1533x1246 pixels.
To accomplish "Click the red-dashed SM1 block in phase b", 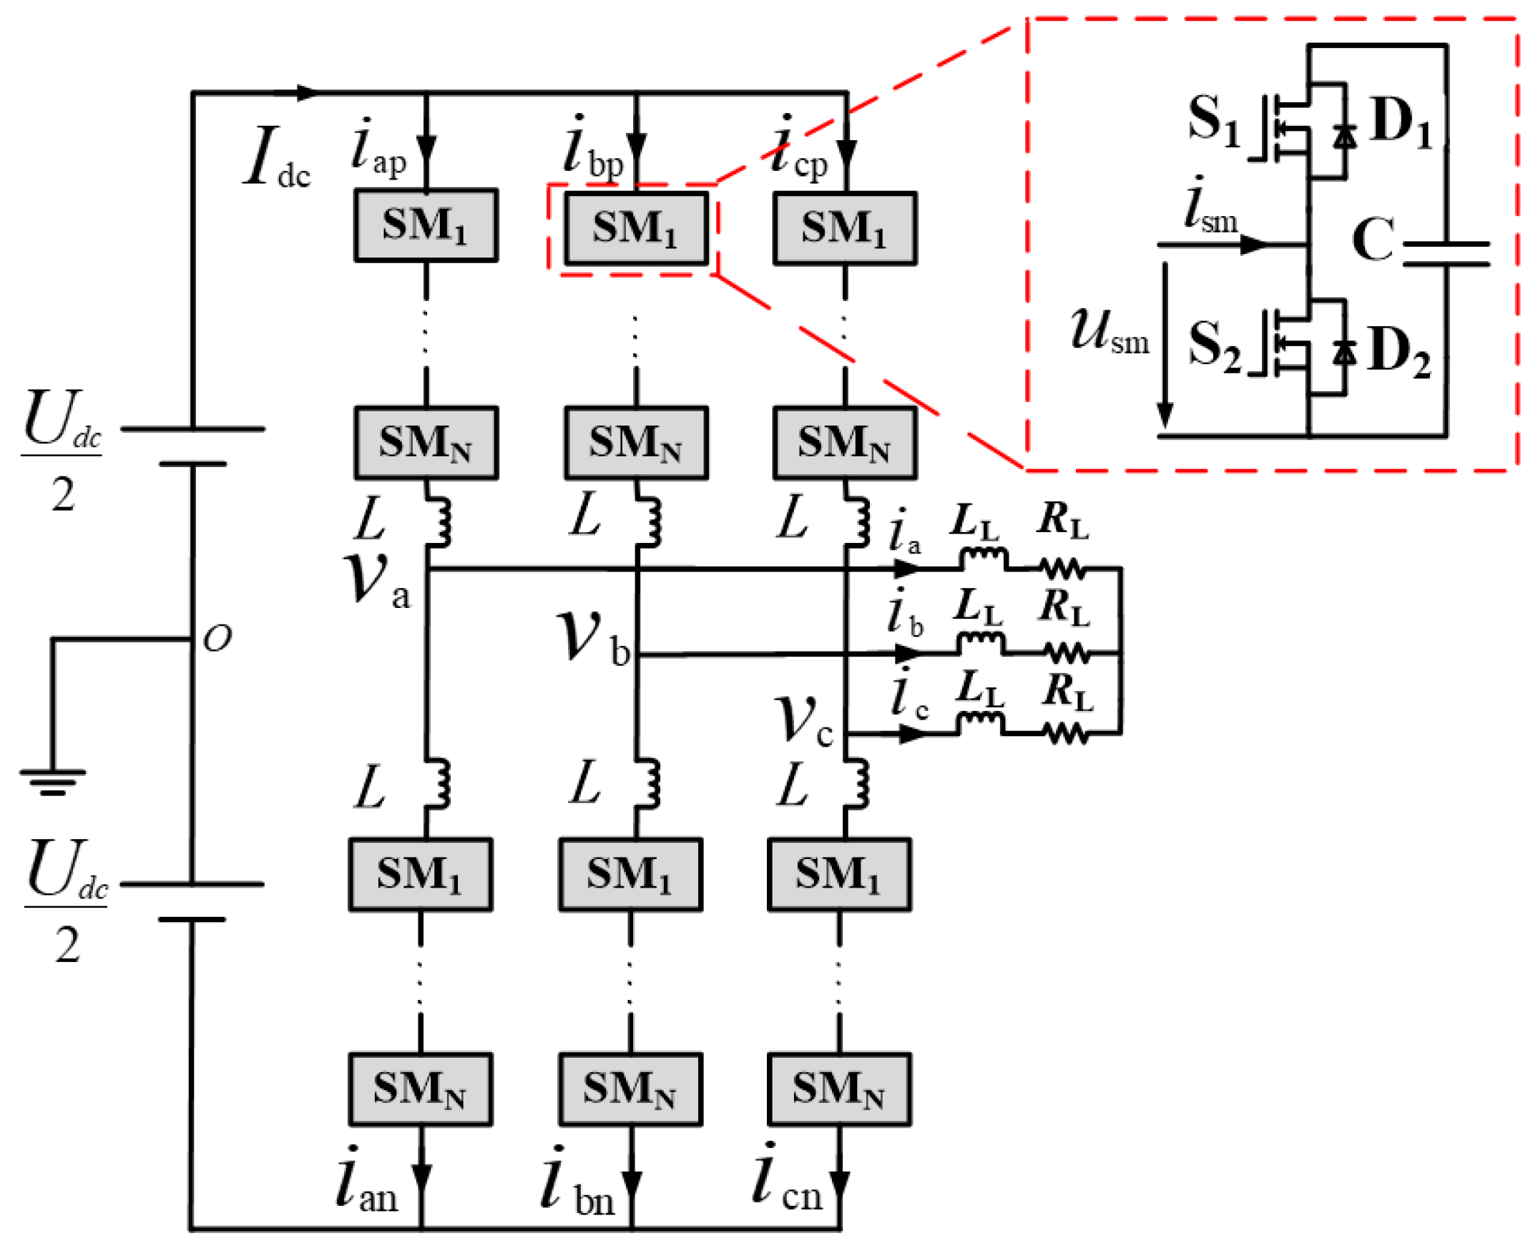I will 635,228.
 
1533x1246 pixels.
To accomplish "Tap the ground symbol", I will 52,780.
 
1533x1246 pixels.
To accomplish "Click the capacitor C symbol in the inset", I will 1446,254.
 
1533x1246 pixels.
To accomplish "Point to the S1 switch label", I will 1213,121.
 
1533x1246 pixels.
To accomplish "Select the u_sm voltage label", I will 1109,333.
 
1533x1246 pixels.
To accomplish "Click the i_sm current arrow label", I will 1210,207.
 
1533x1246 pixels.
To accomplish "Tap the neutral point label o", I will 217,637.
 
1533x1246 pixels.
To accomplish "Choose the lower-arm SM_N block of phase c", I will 839,1089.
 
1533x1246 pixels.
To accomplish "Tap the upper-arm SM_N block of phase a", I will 426,443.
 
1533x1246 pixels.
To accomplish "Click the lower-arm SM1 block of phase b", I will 630,875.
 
